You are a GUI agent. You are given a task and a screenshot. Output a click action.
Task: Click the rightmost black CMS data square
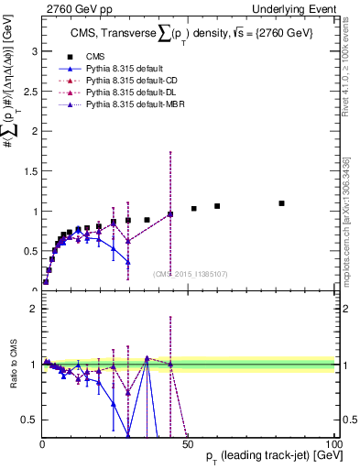click(x=281, y=203)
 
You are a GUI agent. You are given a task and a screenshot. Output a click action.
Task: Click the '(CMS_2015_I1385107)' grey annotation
click(x=189, y=274)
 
